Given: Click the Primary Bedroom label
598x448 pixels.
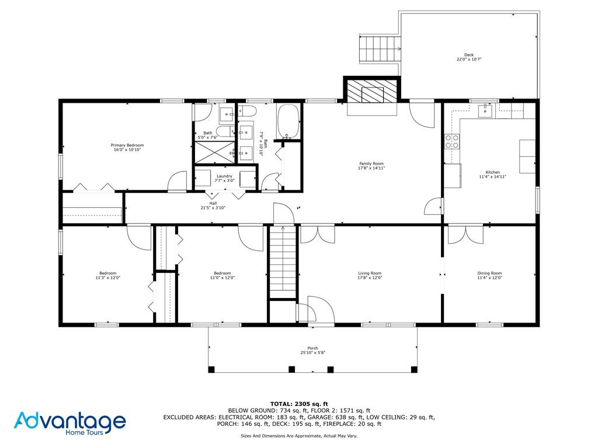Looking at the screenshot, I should click(127, 145).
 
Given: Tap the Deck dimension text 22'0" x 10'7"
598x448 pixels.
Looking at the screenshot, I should click(468, 60).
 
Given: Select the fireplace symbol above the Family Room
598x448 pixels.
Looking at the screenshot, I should click(371, 92).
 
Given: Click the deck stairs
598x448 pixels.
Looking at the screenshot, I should click(380, 48).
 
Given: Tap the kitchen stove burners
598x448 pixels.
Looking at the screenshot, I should click(452, 141).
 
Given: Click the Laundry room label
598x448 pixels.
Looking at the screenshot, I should click(225, 176).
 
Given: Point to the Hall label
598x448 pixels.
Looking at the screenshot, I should click(213, 204).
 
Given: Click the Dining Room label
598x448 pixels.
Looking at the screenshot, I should click(489, 273).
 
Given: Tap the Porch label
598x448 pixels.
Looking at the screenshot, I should click(313, 348).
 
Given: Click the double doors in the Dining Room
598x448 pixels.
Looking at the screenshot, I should click(465, 235).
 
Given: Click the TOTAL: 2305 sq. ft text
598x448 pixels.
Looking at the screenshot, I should click(299, 404).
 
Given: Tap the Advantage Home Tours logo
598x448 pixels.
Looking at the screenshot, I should click(70, 423).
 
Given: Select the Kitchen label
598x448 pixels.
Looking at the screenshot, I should click(493, 172).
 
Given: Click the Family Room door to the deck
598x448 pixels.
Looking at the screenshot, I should click(423, 112).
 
